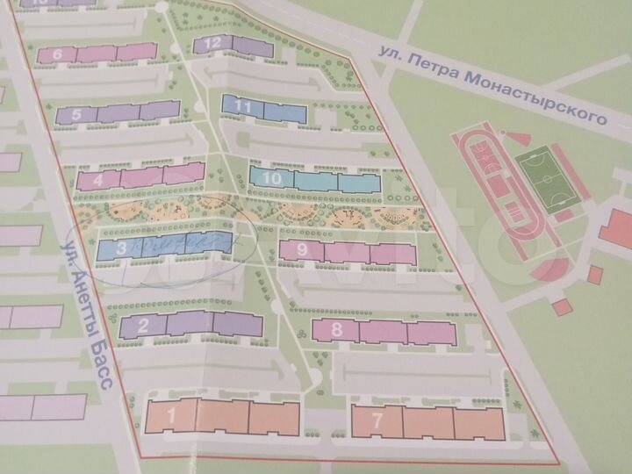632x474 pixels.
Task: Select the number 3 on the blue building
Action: pyautogui.click(x=122, y=248)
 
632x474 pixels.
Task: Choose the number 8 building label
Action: pyautogui.click(x=338, y=331)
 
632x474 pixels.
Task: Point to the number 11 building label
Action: pyautogui.click(x=245, y=107)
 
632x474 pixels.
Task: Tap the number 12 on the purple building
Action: pyautogui.click(x=212, y=43)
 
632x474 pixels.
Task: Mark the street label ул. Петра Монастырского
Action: pyautogui.click(x=492, y=86)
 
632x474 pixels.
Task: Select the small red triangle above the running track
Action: pyautogui.click(x=517, y=137)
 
